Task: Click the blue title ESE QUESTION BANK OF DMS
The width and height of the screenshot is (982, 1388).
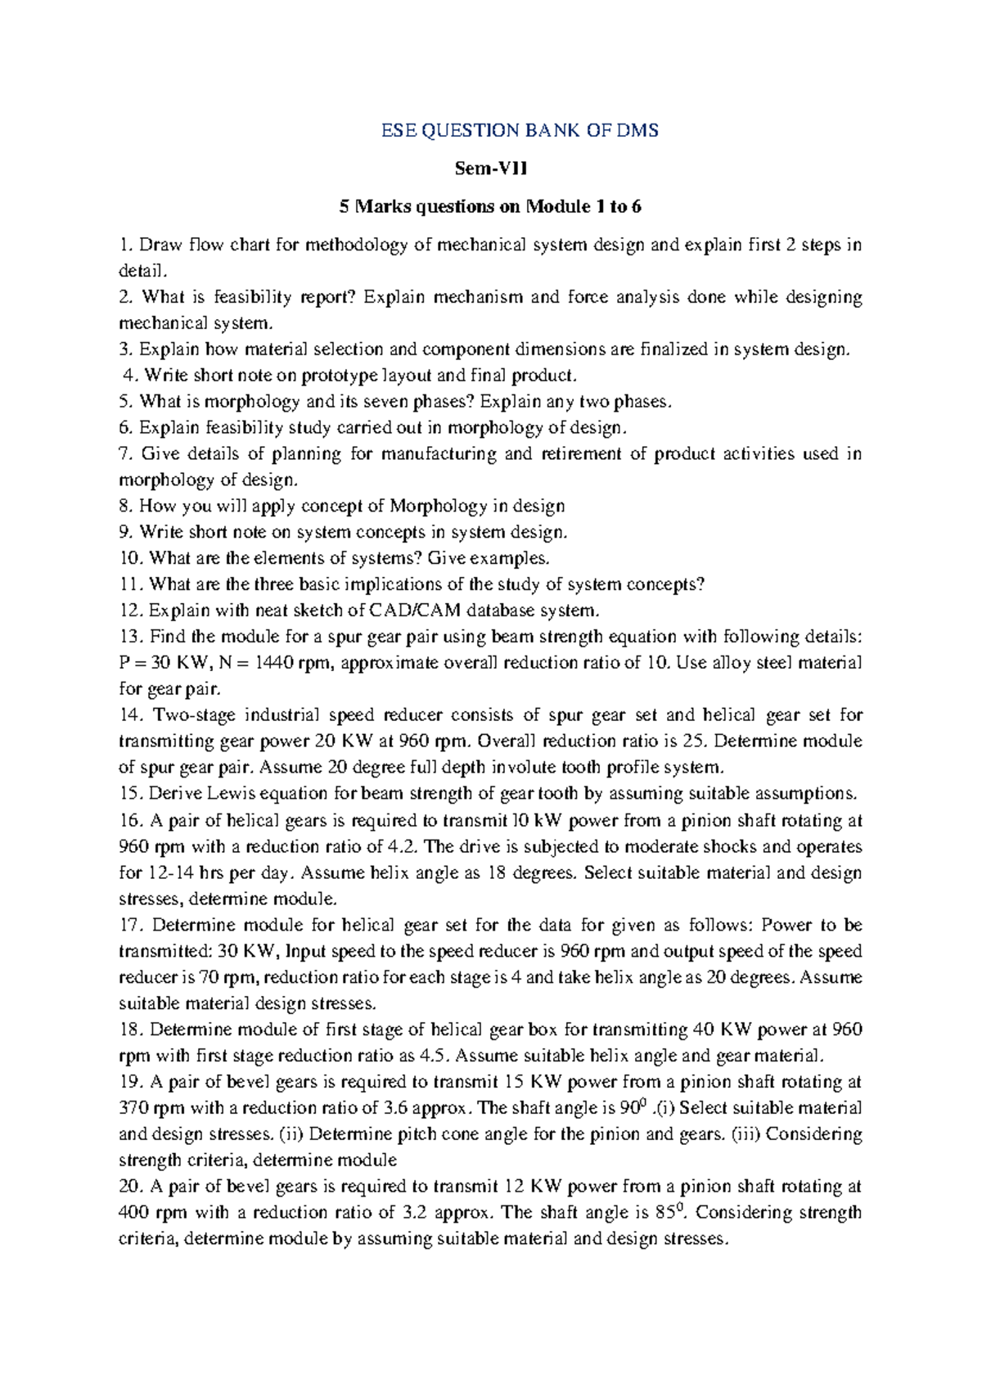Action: pos(520,130)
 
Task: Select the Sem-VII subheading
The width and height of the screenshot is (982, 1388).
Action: pos(491,169)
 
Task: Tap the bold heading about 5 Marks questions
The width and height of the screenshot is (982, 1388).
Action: pos(490,206)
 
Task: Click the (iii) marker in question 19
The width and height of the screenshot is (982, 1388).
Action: pos(746,1134)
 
